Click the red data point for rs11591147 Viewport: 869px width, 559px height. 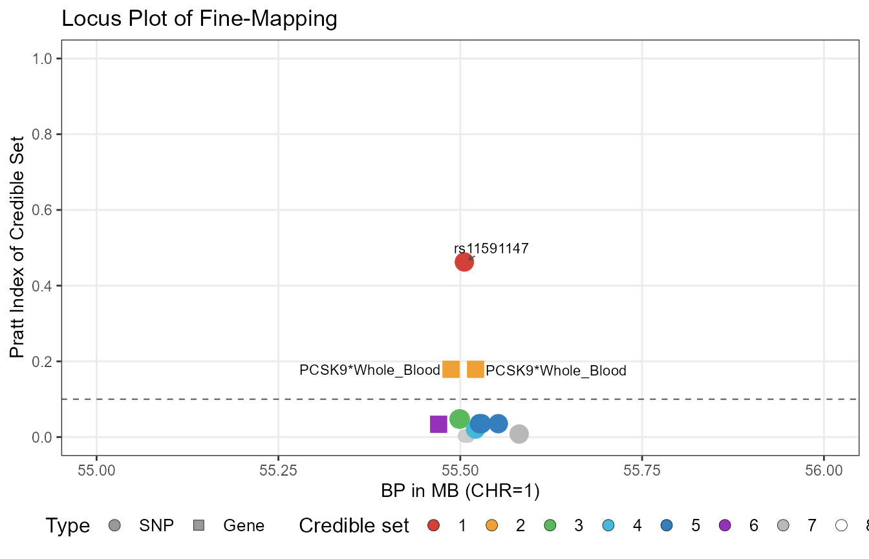(464, 262)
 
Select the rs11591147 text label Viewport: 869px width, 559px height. (491, 249)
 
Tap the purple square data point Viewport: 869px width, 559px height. (438, 424)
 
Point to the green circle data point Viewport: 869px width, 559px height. (459, 419)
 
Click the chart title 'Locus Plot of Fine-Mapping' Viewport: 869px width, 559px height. (199, 19)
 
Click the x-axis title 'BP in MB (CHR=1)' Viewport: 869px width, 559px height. (460, 491)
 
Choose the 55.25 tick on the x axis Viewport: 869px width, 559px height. (278, 469)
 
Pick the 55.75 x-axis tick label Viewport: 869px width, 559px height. (642, 469)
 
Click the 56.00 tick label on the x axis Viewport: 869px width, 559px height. (824, 469)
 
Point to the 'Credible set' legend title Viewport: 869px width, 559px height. (354, 526)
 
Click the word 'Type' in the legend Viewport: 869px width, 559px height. (67, 526)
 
